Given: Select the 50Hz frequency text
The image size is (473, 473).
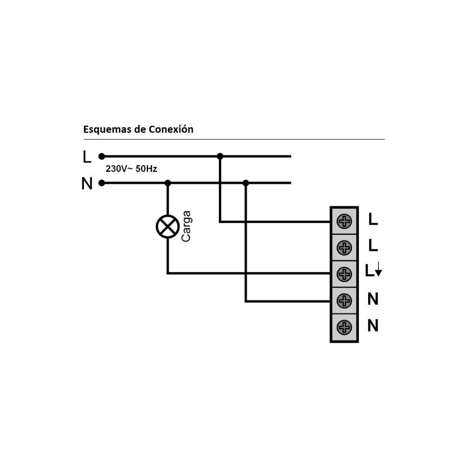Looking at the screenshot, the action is click(x=146, y=169).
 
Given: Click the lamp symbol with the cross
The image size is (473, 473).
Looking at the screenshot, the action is click(x=168, y=227).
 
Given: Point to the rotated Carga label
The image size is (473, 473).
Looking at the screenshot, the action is click(x=186, y=226).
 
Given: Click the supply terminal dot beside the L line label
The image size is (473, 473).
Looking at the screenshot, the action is click(x=101, y=156).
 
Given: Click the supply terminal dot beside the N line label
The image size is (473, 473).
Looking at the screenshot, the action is click(x=101, y=183).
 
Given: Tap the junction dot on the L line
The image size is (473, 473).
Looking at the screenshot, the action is click(x=220, y=156).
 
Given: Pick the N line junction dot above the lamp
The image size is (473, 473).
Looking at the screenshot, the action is click(x=168, y=183).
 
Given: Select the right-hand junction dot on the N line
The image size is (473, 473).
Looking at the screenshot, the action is click(x=246, y=183).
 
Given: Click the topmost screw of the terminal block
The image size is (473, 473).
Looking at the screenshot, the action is click(x=344, y=221).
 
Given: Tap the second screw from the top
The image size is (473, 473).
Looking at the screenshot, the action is click(x=344, y=248).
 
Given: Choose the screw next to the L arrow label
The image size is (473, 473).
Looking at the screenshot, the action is click(x=344, y=274).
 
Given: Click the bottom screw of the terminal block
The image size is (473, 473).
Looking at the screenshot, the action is click(x=344, y=327).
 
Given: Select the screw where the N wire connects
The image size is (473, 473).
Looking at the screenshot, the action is click(x=344, y=301).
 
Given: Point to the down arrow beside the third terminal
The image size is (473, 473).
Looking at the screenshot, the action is click(x=379, y=269).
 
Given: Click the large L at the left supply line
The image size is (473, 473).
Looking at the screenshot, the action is click(x=87, y=156).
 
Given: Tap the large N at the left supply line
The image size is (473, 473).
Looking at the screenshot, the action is click(x=87, y=183).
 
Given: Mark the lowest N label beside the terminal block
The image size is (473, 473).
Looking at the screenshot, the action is click(x=373, y=326).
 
